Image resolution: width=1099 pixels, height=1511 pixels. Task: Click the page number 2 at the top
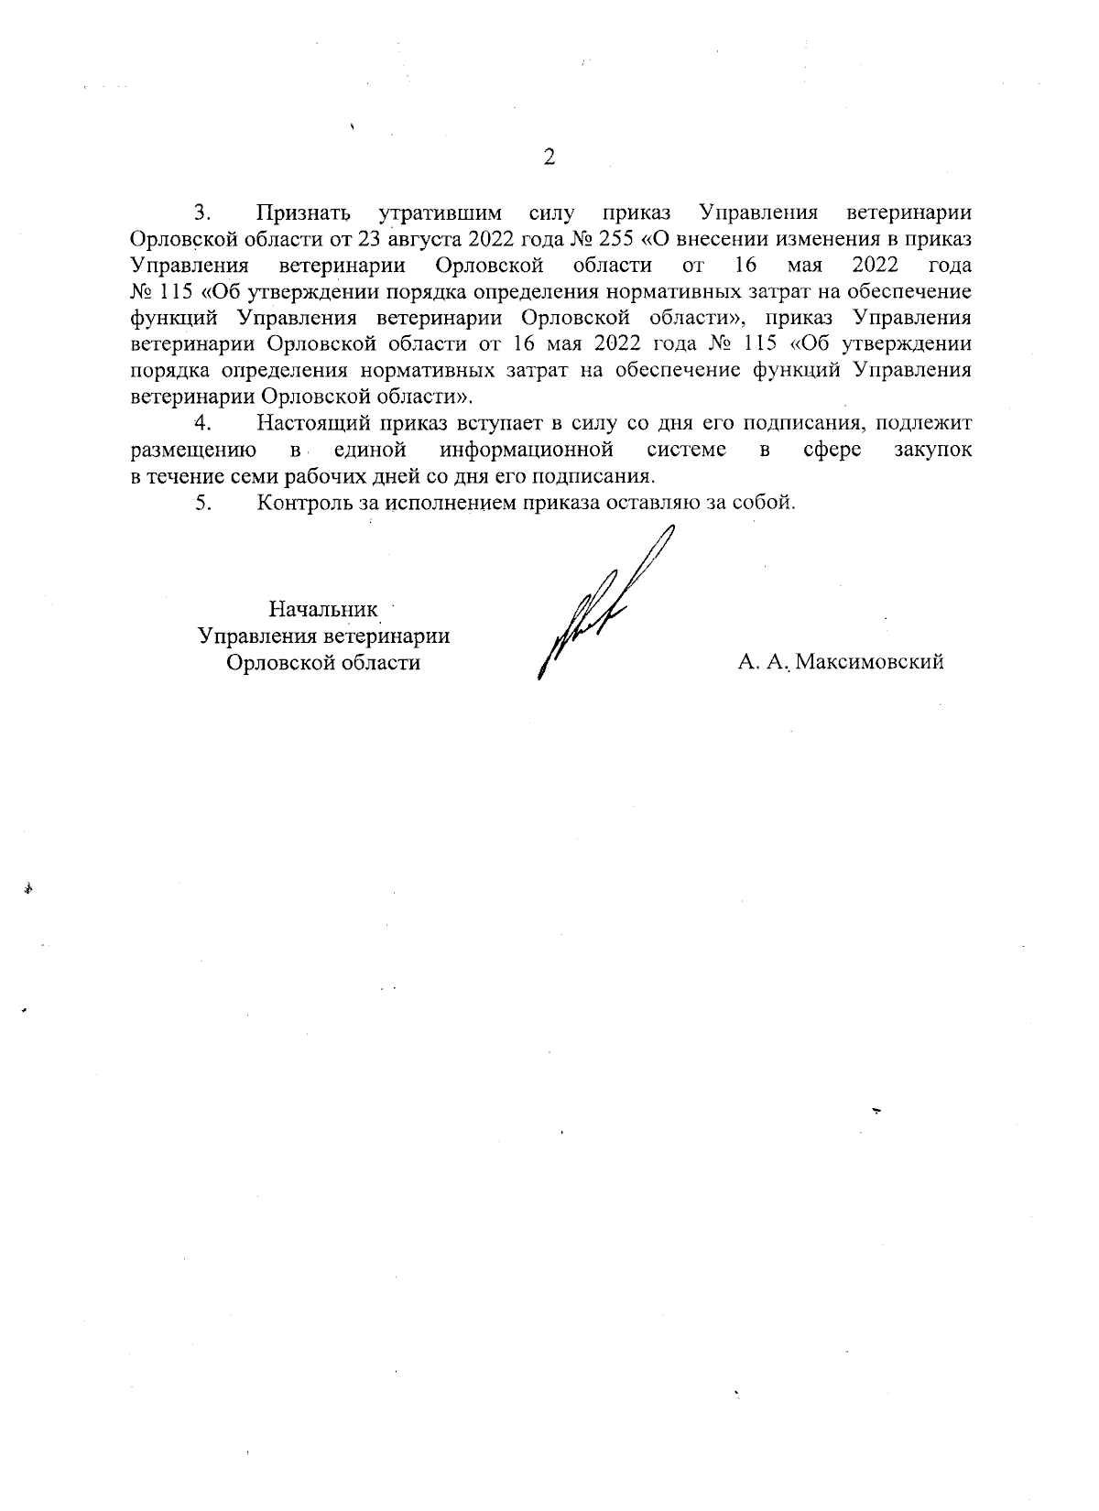click(549, 158)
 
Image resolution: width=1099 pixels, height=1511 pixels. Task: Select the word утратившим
click(441, 213)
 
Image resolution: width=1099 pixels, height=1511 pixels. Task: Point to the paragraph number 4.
click(203, 424)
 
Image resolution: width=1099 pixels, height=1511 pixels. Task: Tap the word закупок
click(932, 451)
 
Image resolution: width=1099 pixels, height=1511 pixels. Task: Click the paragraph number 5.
click(203, 503)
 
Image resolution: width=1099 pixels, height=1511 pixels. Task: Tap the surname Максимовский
click(869, 662)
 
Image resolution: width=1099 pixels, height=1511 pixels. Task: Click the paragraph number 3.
click(203, 213)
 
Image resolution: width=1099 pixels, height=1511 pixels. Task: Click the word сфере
click(831, 451)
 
